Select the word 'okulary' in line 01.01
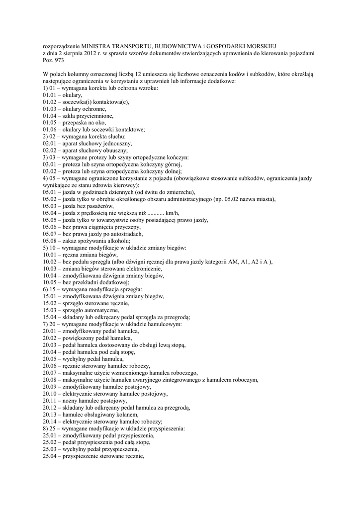pos(72,95)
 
